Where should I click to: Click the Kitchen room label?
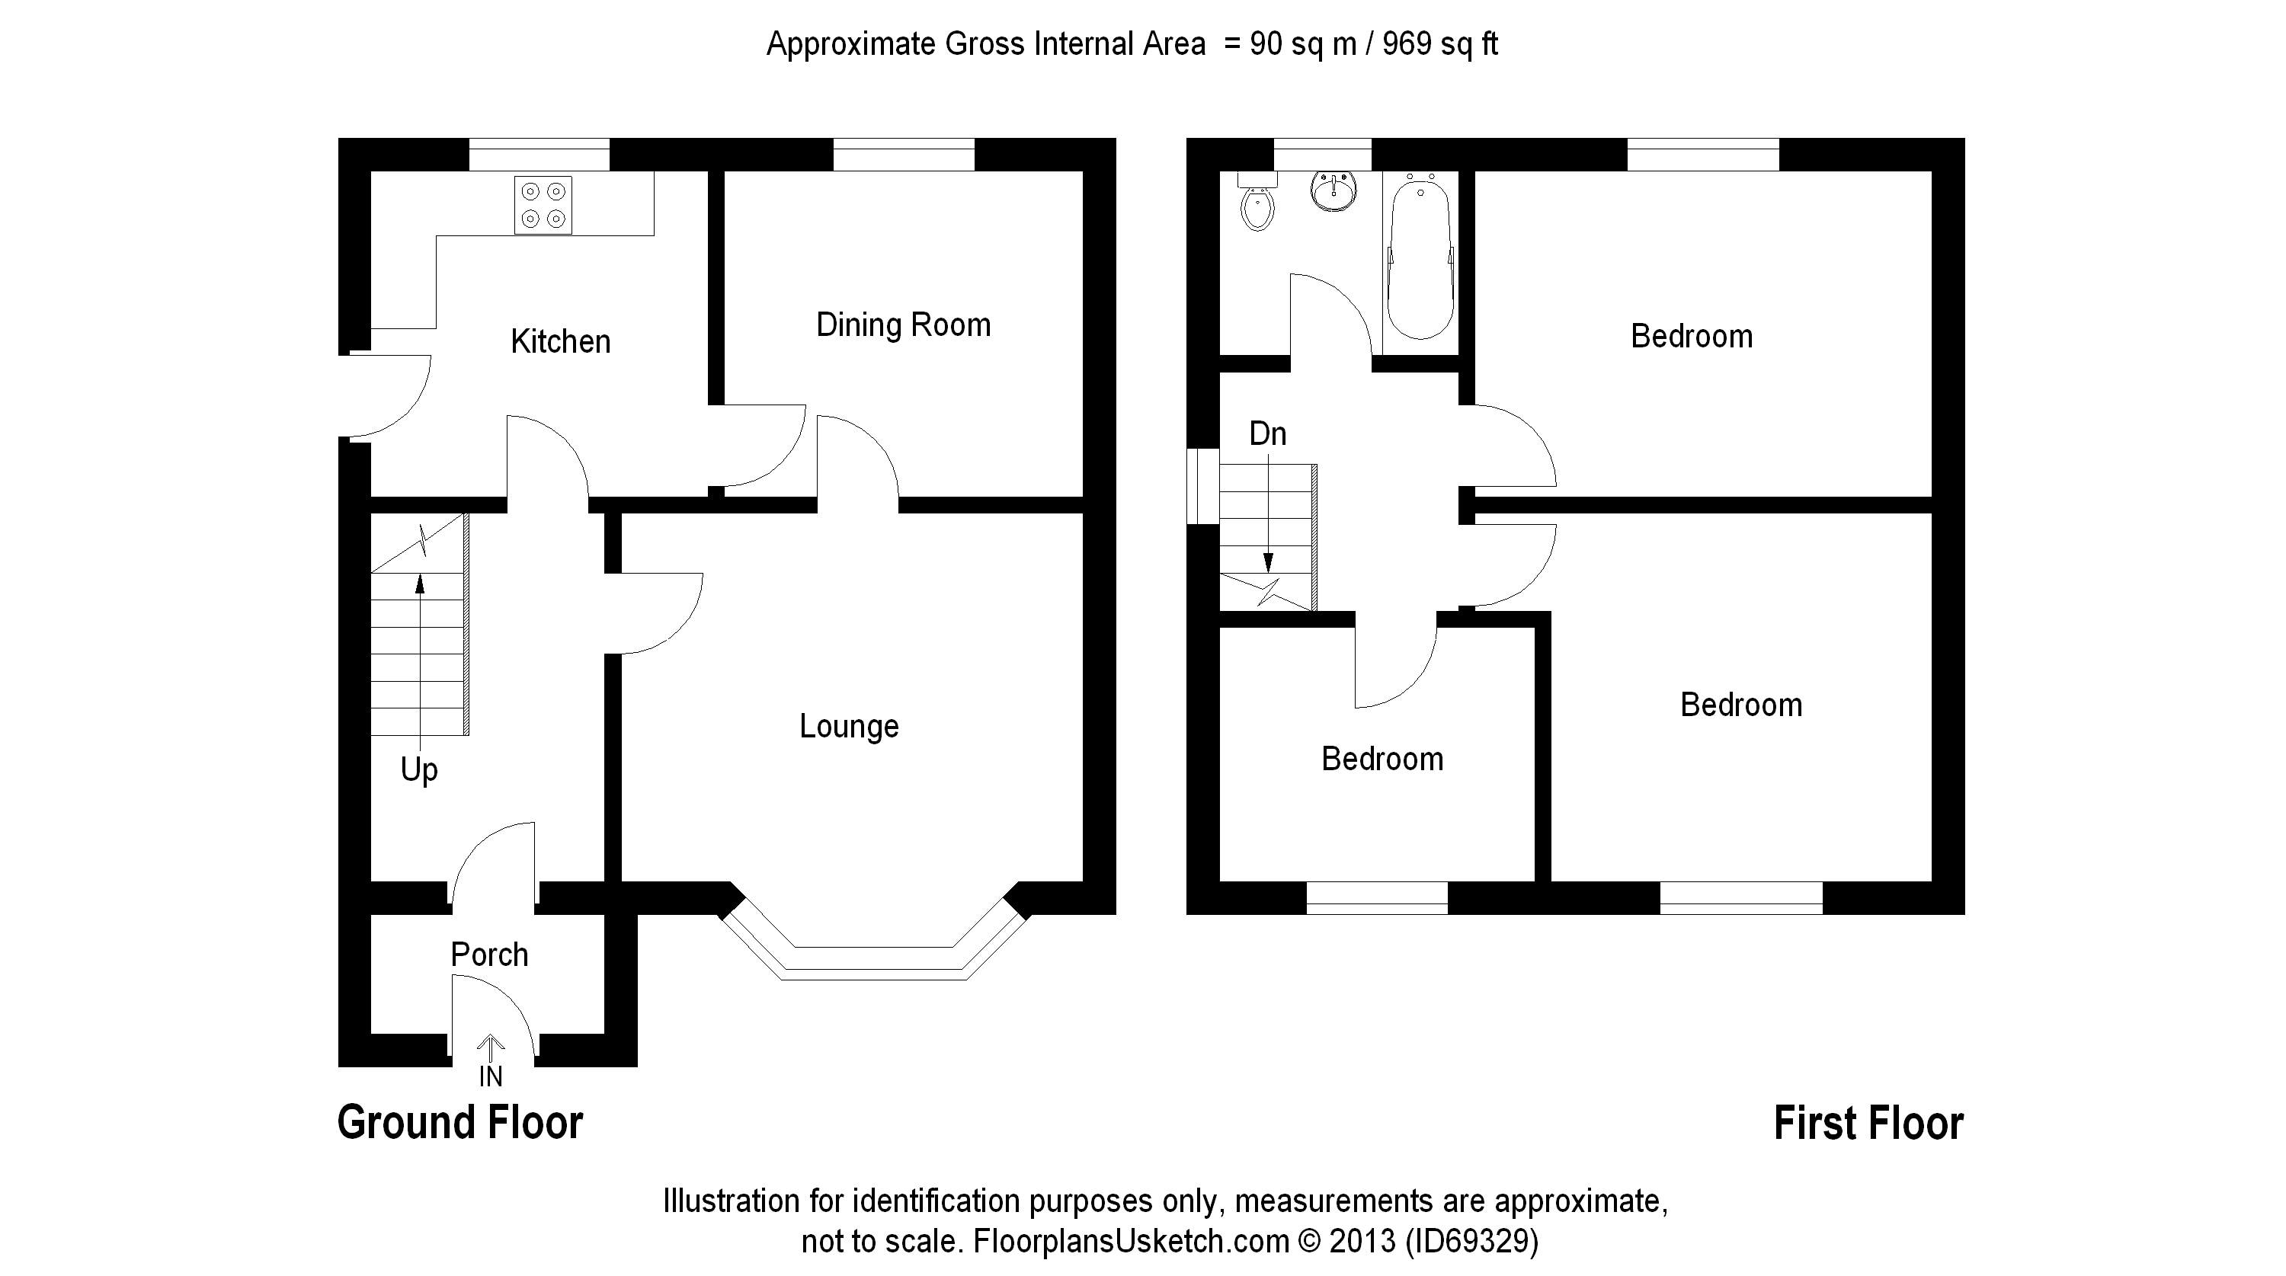[560, 341]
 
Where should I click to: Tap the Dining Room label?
[902, 325]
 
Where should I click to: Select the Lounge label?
[848, 726]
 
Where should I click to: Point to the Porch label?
[489, 955]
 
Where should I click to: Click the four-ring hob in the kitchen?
[543, 205]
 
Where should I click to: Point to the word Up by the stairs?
[419, 769]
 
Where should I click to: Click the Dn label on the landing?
[1267, 434]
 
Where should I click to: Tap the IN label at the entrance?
[491, 1076]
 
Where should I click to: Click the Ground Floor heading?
[459, 1122]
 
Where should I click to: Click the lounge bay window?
[874, 962]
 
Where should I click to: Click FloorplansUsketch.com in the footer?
[1131, 1240]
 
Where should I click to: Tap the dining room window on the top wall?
[904, 155]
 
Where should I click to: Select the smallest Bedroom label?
[1382, 760]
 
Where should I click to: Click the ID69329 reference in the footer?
[1471, 1240]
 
